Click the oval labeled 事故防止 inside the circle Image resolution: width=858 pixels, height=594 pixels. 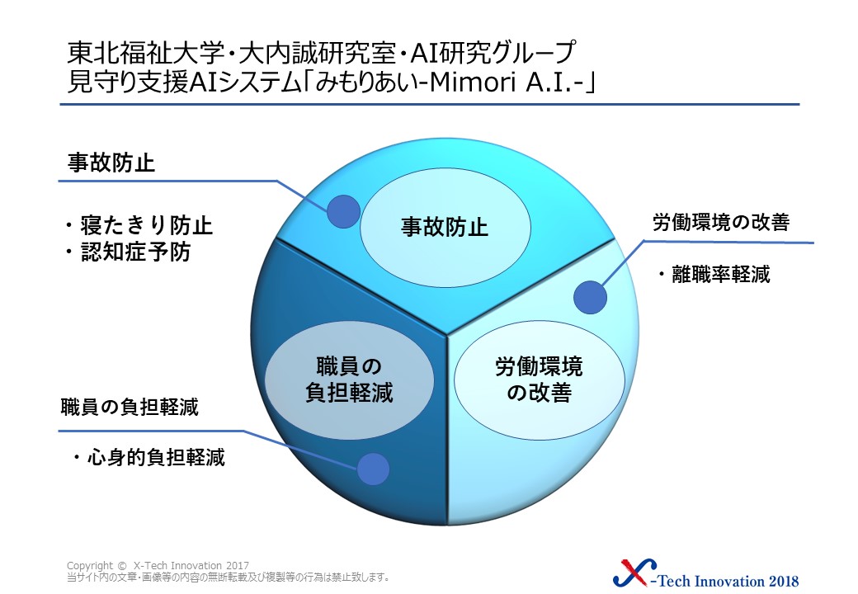[x=445, y=226]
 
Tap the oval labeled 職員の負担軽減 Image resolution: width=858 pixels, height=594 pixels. [x=349, y=379]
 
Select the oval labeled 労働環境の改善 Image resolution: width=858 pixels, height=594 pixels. [x=539, y=379]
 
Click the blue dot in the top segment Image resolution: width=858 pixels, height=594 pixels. [x=344, y=212]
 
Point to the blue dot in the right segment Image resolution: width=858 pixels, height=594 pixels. [x=591, y=298]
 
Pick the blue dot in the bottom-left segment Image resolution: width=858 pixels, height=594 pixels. [x=373, y=469]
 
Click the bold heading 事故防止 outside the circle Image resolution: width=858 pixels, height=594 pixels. [x=111, y=163]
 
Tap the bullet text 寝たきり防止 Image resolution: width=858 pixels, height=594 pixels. [x=146, y=225]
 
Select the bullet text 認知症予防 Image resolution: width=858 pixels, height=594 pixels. [x=135, y=252]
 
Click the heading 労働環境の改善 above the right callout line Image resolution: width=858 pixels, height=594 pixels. [x=721, y=223]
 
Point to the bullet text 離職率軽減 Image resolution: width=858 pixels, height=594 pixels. [x=721, y=274]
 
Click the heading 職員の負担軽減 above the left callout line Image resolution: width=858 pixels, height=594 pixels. [x=130, y=408]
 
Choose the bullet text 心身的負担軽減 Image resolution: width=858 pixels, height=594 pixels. [x=156, y=457]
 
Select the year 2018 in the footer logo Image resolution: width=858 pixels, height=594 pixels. [x=784, y=580]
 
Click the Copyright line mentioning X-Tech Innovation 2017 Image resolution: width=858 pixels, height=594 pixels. [x=158, y=566]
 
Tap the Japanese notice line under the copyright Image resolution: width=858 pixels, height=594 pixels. [x=229, y=577]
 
